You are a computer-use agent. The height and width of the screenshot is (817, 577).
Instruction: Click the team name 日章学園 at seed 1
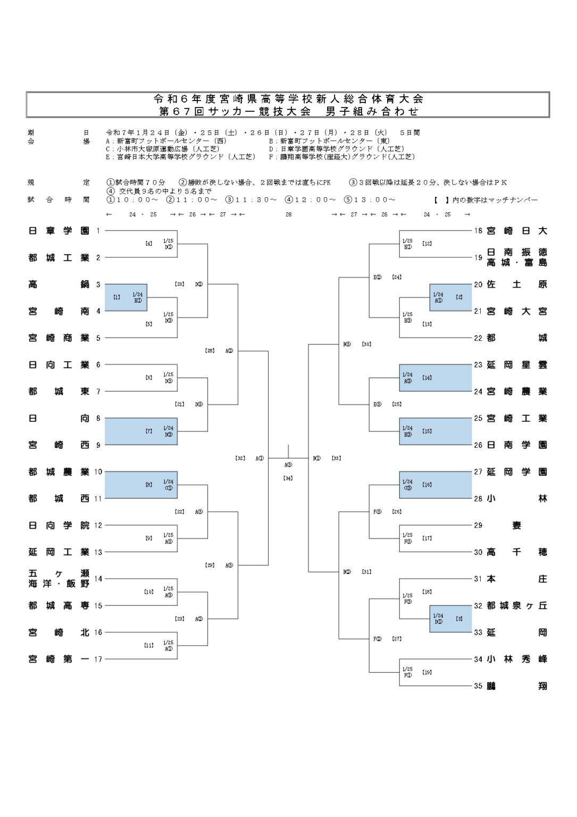(x=58, y=231)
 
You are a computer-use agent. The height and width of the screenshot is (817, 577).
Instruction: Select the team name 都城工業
(x=58, y=258)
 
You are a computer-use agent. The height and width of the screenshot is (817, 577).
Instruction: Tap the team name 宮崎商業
(x=58, y=338)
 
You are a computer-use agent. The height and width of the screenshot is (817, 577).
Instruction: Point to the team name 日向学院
(x=58, y=526)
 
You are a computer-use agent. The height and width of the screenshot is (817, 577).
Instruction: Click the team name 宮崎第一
(x=58, y=660)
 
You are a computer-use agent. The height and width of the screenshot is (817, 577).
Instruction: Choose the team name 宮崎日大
(x=517, y=231)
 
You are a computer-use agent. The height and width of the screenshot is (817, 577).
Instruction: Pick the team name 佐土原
(x=517, y=285)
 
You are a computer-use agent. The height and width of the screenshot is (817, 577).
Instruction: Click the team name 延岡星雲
(x=517, y=365)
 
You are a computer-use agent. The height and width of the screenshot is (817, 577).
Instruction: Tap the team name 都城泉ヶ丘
(x=517, y=606)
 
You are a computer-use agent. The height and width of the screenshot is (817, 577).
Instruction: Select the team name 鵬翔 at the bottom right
(x=517, y=686)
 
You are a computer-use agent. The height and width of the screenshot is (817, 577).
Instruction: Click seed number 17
(x=98, y=660)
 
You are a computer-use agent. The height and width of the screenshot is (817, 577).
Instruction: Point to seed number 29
(x=478, y=526)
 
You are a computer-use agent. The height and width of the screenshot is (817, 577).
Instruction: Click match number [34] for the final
(x=288, y=478)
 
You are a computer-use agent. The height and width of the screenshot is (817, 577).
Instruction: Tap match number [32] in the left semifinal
(x=240, y=458)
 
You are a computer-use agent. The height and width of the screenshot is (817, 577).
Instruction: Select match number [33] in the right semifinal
(x=336, y=458)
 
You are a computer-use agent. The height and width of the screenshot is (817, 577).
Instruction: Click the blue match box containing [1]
(x=126, y=297)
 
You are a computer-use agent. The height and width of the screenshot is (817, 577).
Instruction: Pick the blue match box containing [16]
(x=436, y=485)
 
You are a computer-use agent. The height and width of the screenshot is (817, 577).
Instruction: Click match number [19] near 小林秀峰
(x=427, y=672)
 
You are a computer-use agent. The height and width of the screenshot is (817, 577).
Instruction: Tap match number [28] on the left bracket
(x=210, y=351)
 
